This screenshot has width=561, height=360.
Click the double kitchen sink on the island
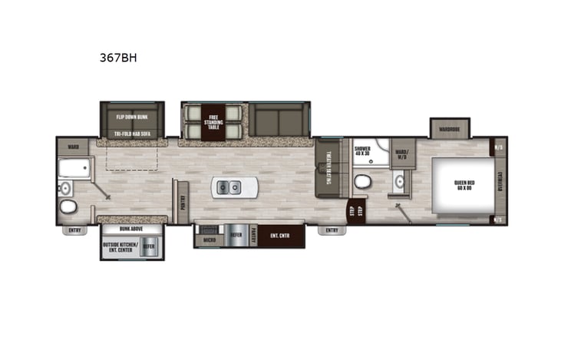coord(227,186)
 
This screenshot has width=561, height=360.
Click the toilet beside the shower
coord(362,183)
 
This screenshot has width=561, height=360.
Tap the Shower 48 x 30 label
coord(363,151)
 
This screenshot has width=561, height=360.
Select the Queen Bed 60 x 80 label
coord(462,184)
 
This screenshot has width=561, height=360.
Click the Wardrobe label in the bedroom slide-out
coord(449,129)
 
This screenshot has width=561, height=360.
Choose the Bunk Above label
coord(130,228)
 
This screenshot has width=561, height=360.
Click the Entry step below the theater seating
coord(331,230)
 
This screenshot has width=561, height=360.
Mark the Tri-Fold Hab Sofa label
coord(132,134)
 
